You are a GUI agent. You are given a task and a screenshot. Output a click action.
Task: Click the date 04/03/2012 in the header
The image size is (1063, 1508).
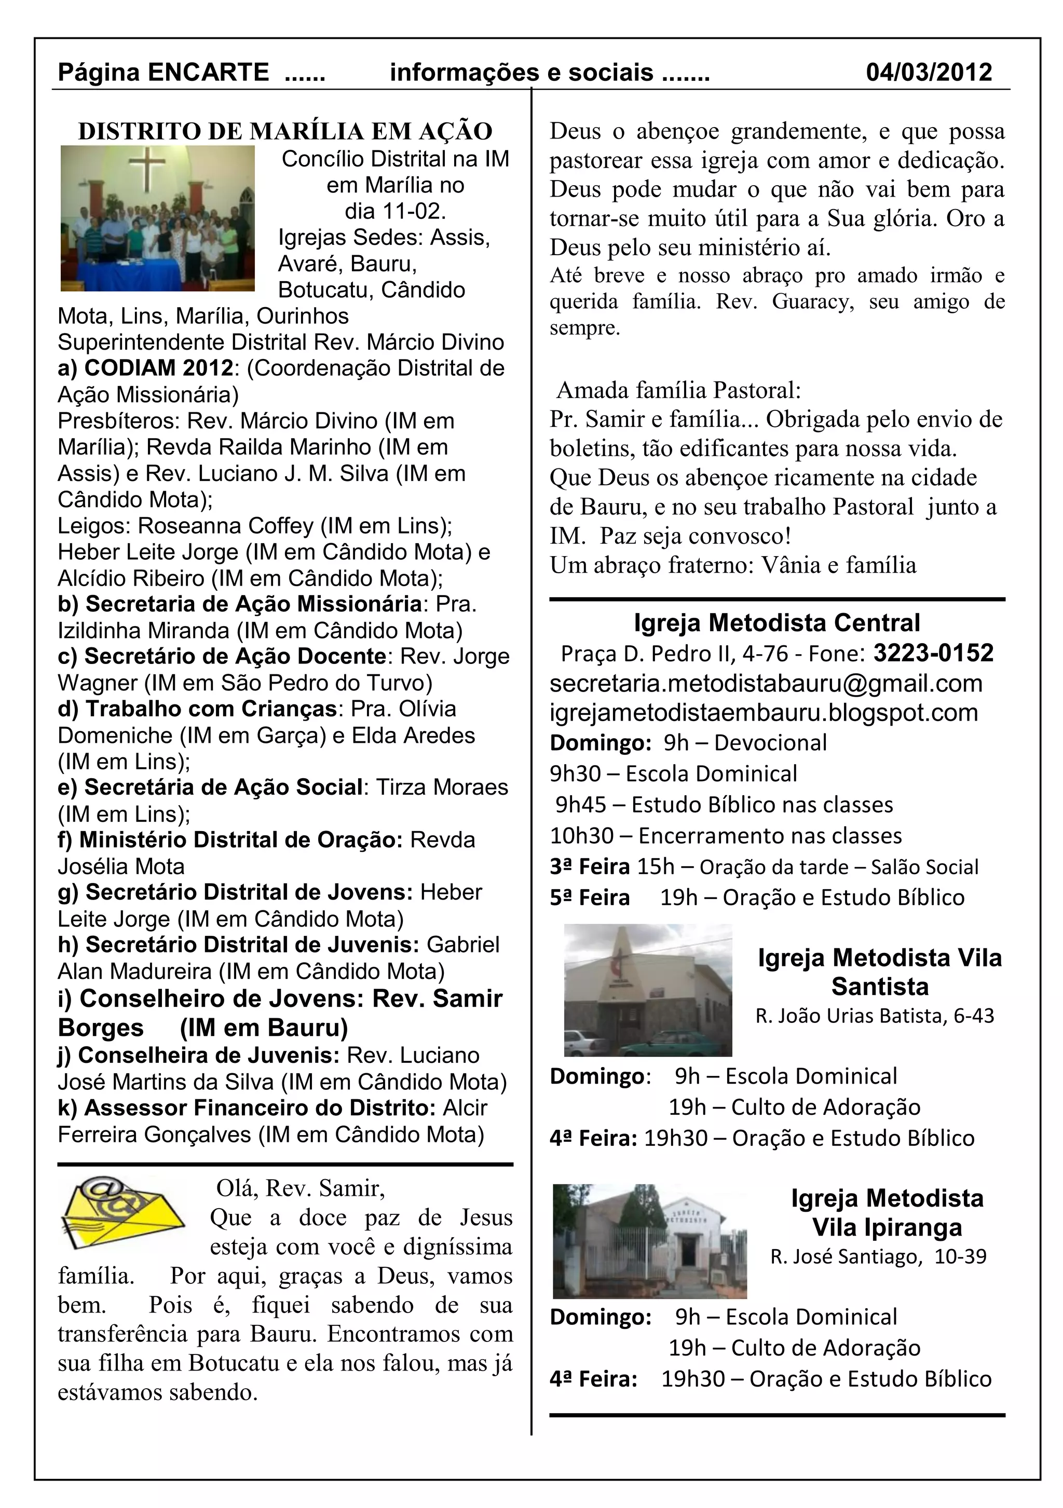[x=929, y=72]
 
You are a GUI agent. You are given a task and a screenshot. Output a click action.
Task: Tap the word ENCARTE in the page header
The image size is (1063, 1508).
[x=208, y=72]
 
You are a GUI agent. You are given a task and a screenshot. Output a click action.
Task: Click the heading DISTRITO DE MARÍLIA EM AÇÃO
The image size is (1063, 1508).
[x=285, y=131]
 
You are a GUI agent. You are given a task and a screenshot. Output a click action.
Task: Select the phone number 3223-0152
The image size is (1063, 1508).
[x=933, y=653]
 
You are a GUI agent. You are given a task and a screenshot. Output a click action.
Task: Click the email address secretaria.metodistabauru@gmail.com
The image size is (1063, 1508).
[x=766, y=683]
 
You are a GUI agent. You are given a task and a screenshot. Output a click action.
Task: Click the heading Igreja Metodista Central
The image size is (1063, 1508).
[x=776, y=622]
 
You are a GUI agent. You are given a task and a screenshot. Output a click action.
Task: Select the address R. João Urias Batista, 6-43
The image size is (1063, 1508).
[x=875, y=1016]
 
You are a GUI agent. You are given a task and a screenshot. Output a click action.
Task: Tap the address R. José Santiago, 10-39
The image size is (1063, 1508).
[x=878, y=1256]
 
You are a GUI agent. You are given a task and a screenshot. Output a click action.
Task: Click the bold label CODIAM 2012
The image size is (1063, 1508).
[x=158, y=368]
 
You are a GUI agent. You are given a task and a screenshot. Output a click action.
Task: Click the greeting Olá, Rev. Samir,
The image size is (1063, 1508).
[x=300, y=1189]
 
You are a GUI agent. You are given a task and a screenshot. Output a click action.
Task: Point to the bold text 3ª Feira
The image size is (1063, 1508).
[x=589, y=867]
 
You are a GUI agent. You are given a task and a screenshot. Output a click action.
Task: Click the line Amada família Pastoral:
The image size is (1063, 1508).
[x=679, y=391]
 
